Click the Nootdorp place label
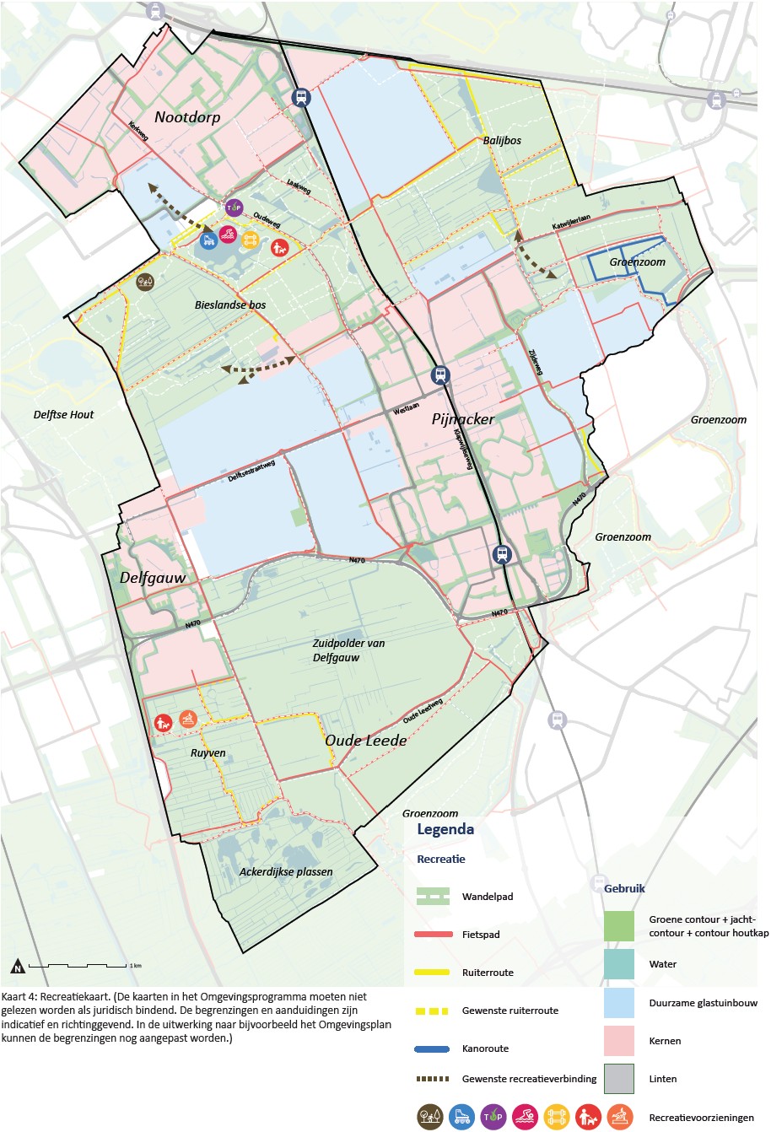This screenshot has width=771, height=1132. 187,117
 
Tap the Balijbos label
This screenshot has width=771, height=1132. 502,141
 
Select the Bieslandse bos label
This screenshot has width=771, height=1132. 230,305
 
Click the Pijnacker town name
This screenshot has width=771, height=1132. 463,419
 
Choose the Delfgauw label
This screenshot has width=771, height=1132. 153,578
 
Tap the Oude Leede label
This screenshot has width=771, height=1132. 366,740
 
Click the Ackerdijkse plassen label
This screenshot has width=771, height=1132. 286,872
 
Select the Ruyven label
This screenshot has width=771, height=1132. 208,753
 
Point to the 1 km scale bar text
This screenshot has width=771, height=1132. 135,965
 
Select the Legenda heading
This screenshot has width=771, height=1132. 445,829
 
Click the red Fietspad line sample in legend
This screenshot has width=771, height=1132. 434,935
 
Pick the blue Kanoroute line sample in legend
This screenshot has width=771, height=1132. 434,1048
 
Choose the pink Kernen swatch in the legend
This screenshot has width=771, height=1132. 619,1041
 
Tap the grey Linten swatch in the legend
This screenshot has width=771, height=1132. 619,1079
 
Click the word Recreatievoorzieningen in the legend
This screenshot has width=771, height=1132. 701,1118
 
